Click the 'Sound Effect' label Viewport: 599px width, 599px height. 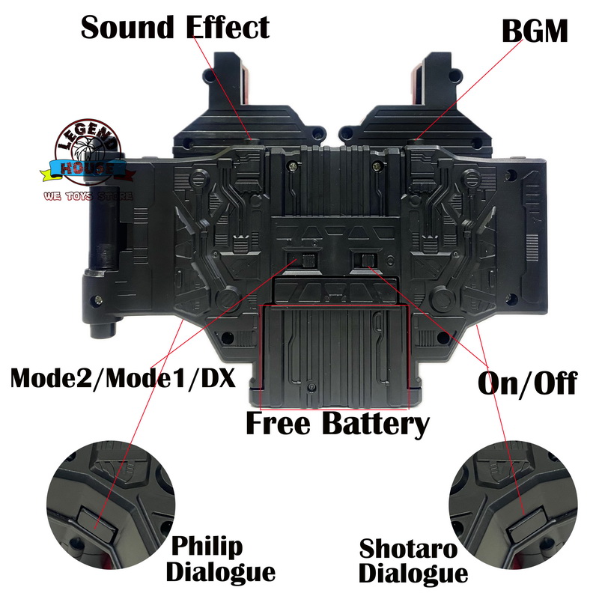coord(175,27)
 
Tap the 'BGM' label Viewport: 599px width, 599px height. coord(535,31)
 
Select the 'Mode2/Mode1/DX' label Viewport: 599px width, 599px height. coord(123,378)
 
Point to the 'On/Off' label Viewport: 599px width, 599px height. coord(528,383)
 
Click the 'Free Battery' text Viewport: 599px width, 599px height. coord(338,424)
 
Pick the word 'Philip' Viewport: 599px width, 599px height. coord(207,547)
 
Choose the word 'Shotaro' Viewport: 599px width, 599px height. coord(408,549)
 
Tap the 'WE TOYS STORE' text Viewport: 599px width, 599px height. coord(88,196)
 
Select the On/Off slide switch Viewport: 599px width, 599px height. coord(365,261)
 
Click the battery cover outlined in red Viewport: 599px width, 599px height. coord(334,356)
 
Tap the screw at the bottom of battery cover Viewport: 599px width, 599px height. coord(312,388)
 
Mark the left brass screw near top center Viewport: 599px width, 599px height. coord(293,166)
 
